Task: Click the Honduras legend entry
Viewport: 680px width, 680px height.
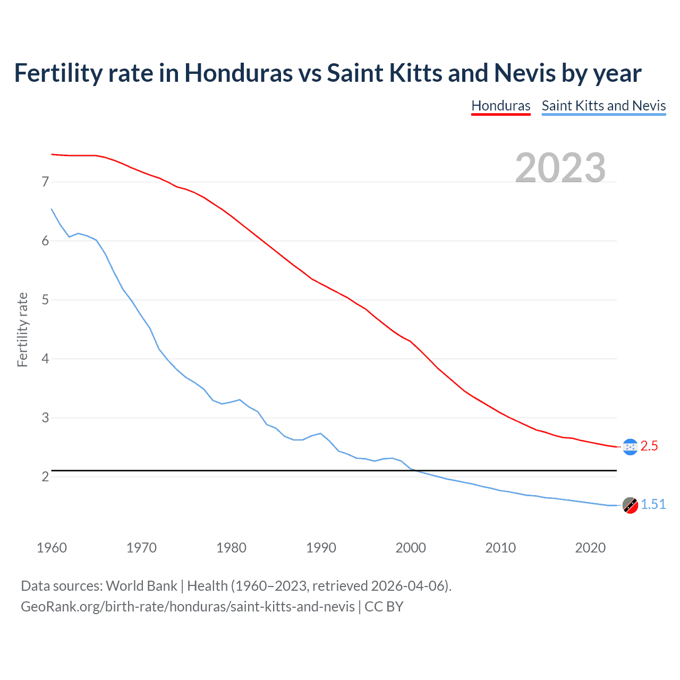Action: click(500, 106)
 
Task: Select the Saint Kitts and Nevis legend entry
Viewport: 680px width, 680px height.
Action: click(603, 106)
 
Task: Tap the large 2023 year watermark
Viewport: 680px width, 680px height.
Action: click(560, 168)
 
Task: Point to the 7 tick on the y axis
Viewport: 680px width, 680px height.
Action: click(45, 182)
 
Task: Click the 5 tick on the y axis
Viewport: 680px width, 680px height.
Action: click(45, 300)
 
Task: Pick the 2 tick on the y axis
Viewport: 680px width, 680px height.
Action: click(45, 477)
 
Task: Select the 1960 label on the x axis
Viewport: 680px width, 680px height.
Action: click(52, 548)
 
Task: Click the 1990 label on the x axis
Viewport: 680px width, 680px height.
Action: click(321, 548)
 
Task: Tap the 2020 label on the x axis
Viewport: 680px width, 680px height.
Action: click(590, 548)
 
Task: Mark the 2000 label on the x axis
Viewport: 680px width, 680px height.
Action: click(411, 548)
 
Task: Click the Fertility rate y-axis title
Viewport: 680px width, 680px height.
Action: click(22, 329)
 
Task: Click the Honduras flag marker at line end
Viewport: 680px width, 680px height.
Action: click(630, 447)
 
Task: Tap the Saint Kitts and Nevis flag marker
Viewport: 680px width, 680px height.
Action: click(630, 506)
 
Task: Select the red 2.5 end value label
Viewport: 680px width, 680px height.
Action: click(649, 446)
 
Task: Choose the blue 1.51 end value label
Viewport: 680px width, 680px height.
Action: click(653, 505)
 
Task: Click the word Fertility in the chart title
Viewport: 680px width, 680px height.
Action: click(57, 73)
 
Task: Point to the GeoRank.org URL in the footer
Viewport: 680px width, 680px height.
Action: click(188, 606)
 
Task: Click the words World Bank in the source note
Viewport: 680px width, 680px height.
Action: click(141, 586)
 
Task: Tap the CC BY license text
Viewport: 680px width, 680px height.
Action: click(384, 606)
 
